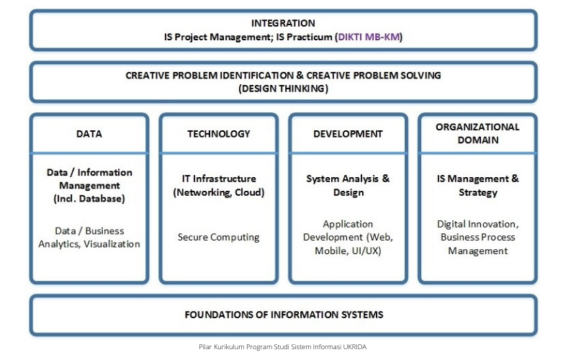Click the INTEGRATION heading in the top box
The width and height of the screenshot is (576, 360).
pyautogui.click(x=283, y=23)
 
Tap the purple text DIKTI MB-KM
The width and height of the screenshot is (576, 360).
pyautogui.click(x=369, y=37)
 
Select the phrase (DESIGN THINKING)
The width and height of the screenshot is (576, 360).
pyautogui.click(x=283, y=89)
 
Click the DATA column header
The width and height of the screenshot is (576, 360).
pyautogui.click(x=89, y=134)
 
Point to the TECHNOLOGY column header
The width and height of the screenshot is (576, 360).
pyautogui.click(x=219, y=134)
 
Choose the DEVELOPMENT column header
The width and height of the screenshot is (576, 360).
pyautogui.click(x=348, y=134)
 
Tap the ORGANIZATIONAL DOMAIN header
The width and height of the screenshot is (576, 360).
pyautogui.click(x=477, y=133)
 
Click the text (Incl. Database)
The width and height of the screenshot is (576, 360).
pyautogui.click(x=89, y=199)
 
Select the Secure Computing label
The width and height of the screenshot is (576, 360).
pyautogui.click(x=219, y=238)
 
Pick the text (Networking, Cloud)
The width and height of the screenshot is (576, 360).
pyautogui.click(x=219, y=192)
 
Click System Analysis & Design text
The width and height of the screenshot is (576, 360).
pyautogui.click(x=348, y=186)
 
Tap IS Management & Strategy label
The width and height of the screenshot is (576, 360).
pyautogui.click(x=477, y=186)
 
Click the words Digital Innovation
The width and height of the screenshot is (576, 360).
pyautogui.click(x=477, y=224)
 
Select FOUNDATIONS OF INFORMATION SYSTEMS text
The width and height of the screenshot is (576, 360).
pyautogui.click(x=284, y=315)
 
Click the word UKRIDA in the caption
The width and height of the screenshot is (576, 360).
pyautogui.click(x=354, y=347)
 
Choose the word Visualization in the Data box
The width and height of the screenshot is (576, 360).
pyautogui.click(x=112, y=244)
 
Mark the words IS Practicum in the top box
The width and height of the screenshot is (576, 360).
pyautogui.click(x=304, y=37)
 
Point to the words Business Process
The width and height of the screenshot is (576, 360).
pyautogui.click(x=477, y=238)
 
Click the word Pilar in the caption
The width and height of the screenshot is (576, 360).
pyautogui.click(x=205, y=347)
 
